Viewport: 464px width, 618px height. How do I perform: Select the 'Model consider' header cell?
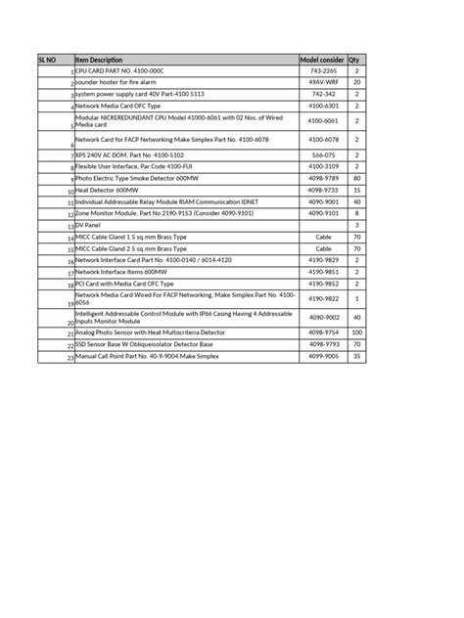point(323,60)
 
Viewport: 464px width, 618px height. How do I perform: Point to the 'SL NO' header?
point(47,60)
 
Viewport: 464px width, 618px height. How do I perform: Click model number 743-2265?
point(323,71)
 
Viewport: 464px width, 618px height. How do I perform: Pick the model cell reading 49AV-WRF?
point(323,83)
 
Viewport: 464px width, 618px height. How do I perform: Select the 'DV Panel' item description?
point(88,225)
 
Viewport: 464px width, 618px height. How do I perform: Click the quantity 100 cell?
point(357,333)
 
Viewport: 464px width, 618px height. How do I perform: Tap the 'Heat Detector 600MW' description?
point(109,190)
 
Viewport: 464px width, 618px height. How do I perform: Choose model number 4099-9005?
point(323,357)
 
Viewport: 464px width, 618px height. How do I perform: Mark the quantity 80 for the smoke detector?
point(357,179)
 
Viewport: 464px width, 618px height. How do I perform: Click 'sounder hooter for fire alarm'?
point(122,83)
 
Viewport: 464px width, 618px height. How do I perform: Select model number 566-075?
point(323,155)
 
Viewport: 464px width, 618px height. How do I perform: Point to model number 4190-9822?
point(323,298)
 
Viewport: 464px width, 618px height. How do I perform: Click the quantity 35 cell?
point(357,357)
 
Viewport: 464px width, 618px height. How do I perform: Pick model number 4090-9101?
point(323,212)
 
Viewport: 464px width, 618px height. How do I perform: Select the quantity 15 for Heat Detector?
point(357,190)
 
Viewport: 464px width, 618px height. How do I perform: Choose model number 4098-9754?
point(323,333)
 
